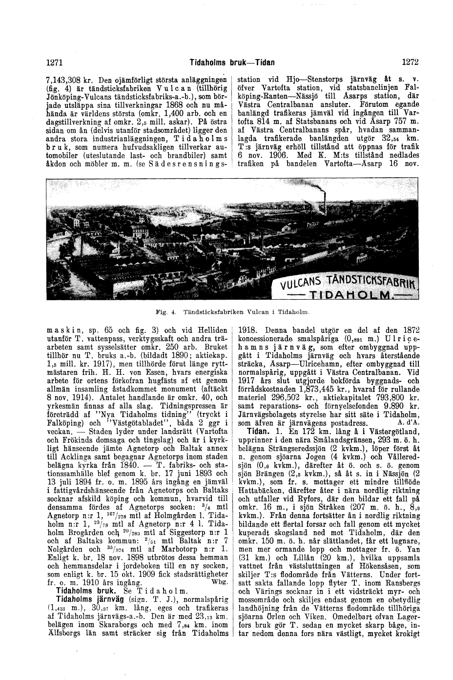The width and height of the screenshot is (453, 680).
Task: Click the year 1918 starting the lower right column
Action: (246, 330)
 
